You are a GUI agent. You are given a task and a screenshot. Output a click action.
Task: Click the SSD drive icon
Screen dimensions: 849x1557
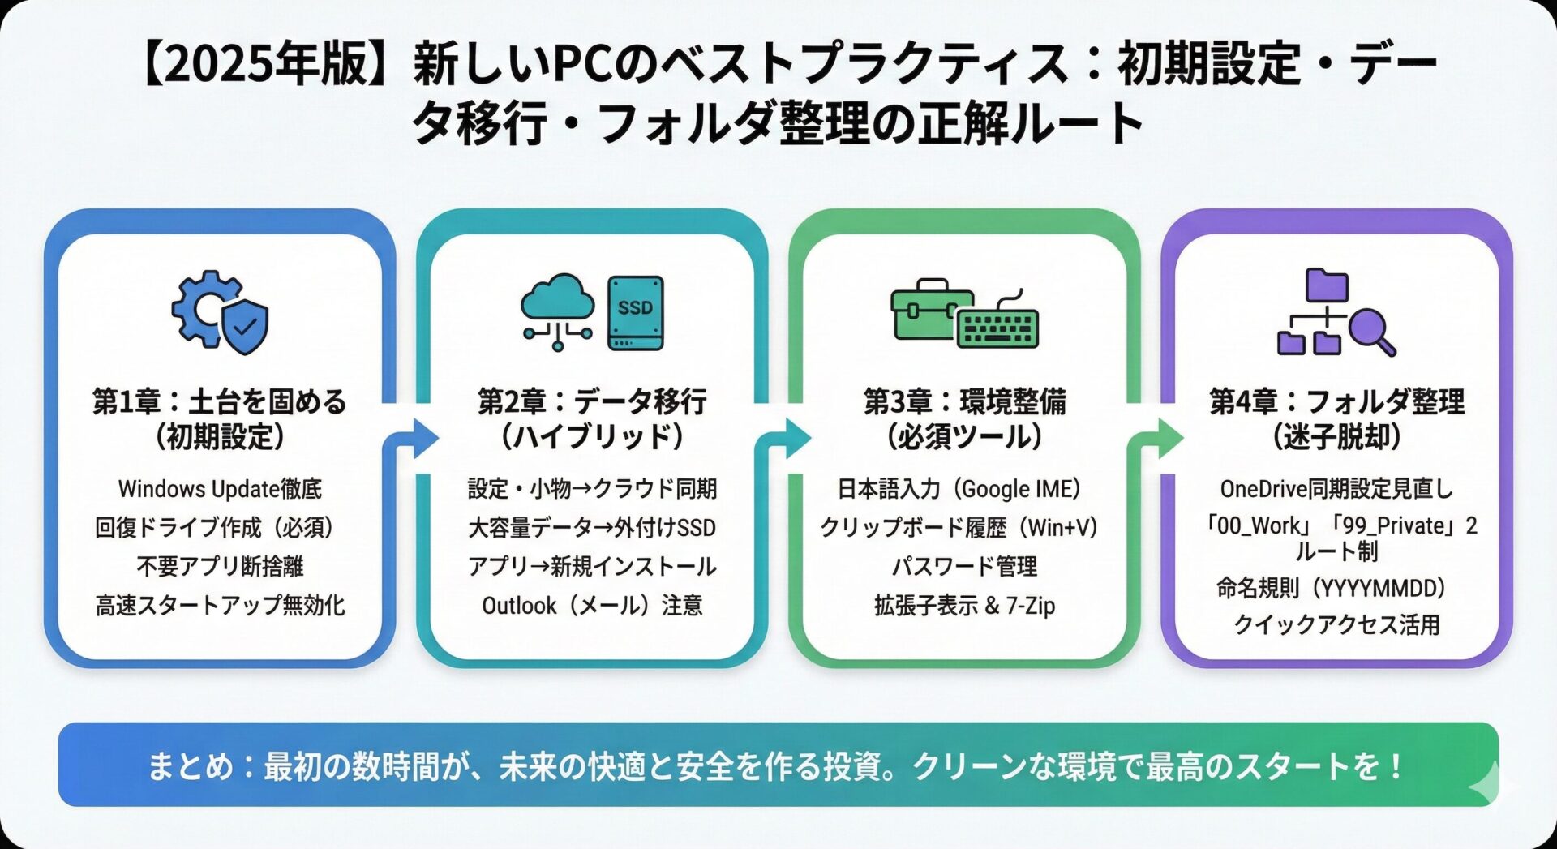coord(636,313)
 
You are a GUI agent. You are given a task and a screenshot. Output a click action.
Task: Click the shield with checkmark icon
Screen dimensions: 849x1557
coord(245,326)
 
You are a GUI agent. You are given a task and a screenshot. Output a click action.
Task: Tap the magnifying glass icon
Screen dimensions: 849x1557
coord(1372,332)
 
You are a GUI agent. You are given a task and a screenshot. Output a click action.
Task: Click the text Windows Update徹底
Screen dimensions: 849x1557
coord(220,489)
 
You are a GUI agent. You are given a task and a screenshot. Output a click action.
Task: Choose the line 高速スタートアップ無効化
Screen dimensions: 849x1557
coord(220,605)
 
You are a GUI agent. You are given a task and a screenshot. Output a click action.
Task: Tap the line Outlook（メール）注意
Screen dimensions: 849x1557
coord(592,605)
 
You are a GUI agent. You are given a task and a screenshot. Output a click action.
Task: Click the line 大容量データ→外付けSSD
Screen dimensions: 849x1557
coord(592,528)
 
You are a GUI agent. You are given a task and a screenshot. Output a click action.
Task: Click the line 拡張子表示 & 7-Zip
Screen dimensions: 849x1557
coord(964,605)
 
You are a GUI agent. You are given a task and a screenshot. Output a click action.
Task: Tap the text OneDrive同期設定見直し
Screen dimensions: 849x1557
coord(1336,489)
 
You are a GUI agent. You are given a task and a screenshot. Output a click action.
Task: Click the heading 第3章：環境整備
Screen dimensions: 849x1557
coord(964,401)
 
